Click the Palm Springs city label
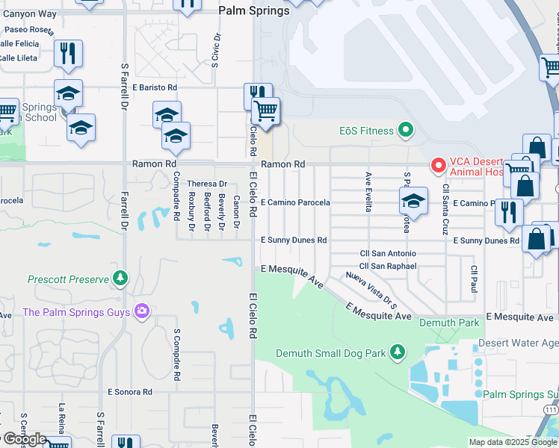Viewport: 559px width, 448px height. tap(253, 10)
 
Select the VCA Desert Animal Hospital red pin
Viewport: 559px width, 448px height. tap(438, 164)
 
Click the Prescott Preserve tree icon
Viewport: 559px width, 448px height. tap(120, 279)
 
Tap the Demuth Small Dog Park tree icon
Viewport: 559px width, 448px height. tap(398, 352)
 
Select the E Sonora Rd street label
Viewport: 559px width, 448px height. tap(130, 391)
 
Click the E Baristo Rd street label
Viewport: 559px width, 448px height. tap(155, 87)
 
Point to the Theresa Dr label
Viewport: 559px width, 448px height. tap(206, 184)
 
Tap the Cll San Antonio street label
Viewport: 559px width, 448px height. tap(388, 254)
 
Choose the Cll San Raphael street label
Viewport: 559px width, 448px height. tap(388, 266)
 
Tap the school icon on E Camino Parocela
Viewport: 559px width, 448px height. tap(413, 199)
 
